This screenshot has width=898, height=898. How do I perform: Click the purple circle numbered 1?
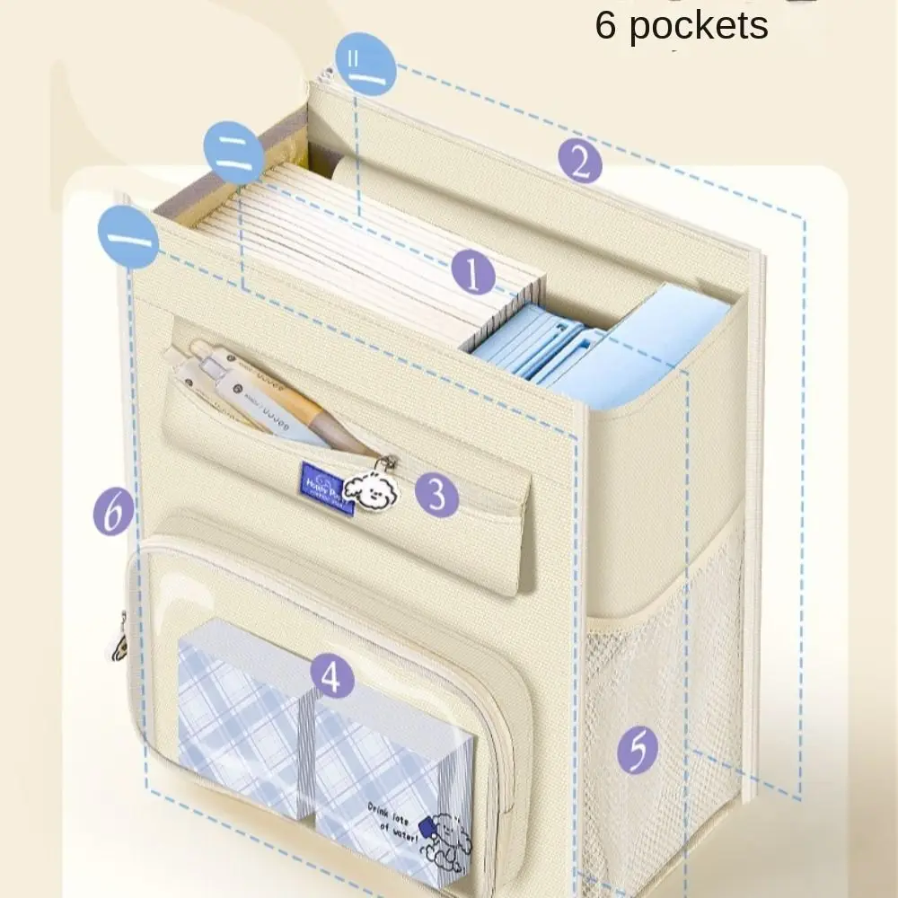click(x=474, y=272)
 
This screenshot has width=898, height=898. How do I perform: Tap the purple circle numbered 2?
click(x=580, y=162)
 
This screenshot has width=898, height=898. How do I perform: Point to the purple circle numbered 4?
click(x=332, y=677)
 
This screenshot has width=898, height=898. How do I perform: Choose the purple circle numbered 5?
click(x=638, y=750)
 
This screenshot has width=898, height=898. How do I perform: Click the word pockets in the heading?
click(x=698, y=25)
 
